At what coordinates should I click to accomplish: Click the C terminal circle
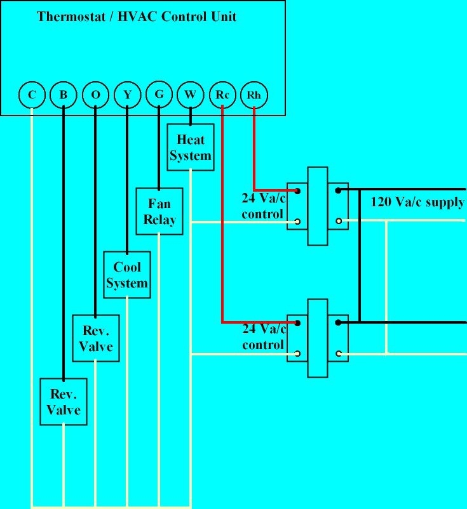pos(30,95)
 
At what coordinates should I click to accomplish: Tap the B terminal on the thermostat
pos(63,95)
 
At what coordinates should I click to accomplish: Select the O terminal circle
pos(95,95)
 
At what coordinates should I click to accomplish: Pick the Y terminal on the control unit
pos(127,95)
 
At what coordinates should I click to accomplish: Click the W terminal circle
pos(190,95)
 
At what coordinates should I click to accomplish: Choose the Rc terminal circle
pos(222,95)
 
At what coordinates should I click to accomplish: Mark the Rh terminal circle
pos(254,95)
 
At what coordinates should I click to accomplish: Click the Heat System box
pos(190,147)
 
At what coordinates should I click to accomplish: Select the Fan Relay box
pos(159,211)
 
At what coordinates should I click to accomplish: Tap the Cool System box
pos(127,275)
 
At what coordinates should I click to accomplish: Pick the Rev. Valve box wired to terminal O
pos(95,338)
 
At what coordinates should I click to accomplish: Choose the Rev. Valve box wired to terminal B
pos(64,402)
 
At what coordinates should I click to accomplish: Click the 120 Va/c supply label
pos(417,203)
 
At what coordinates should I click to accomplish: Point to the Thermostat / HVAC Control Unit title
pos(137,16)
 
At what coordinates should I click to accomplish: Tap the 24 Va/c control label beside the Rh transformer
pos(262,206)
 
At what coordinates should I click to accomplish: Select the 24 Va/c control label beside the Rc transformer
pos(262,337)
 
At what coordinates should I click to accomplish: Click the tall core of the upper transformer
pos(318,206)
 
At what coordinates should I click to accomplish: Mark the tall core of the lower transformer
pos(318,338)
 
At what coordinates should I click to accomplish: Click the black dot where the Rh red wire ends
pos(296,190)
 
